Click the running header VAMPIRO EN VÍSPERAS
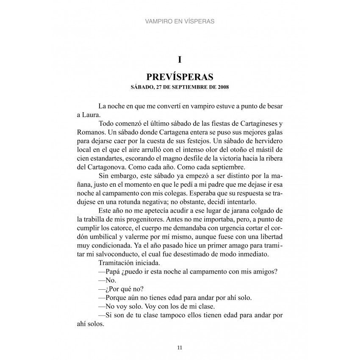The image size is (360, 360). (180, 20)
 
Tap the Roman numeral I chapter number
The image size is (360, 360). (180, 60)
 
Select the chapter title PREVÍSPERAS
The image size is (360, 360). (180, 77)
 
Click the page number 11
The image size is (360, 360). (180, 348)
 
